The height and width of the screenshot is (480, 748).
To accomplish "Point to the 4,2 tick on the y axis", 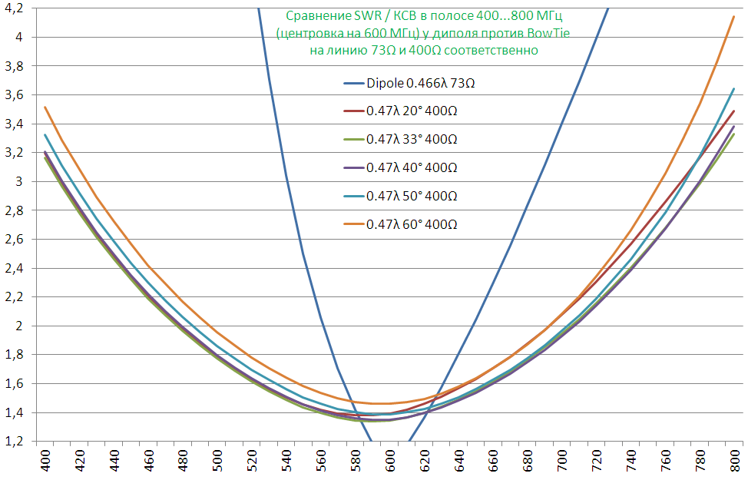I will click(15, 8).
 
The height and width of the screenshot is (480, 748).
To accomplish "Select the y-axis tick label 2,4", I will click(15, 268).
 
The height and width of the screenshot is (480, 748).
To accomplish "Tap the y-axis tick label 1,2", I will click(15, 442).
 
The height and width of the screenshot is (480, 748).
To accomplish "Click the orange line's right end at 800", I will click(734, 17).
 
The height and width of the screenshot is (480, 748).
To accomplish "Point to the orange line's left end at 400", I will click(45, 107).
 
